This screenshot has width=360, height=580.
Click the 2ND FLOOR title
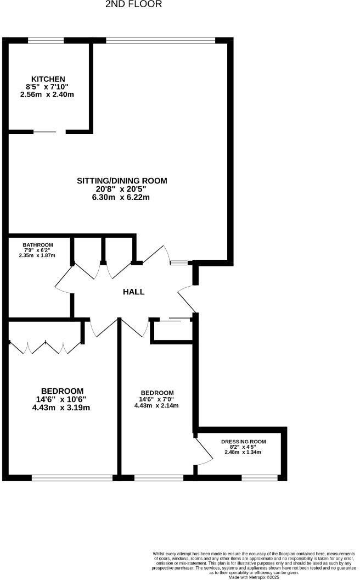click(x=133, y=4)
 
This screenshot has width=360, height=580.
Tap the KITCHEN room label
click(x=48, y=79)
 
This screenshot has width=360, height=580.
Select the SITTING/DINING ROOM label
click(x=121, y=181)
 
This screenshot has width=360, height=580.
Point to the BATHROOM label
click(x=37, y=245)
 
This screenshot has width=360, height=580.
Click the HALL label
click(x=133, y=292)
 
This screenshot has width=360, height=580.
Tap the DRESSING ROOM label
click(x=243, y=442)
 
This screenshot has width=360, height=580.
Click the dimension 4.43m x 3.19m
click(x=61, y=408)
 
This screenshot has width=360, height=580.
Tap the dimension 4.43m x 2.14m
click(x=156, y=405)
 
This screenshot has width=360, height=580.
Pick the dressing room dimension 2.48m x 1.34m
click(x=243, y=452)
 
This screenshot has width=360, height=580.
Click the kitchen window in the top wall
click(x=46, y=40)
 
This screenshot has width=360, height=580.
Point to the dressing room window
click(x=260, y=477)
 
